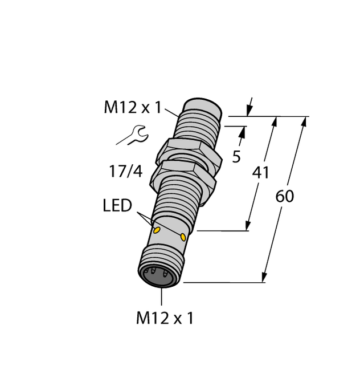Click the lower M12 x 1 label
pyautogui.click(x=165, y=318)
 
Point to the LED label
pyautogui.click(x=117, y=206)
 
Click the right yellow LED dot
pyautogui.click(x=183, y=237)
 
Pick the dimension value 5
pyautogui.click(x=236, y=157)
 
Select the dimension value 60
pyautogui.click(x=284, y=197)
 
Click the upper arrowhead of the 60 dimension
pyautogui.click(x=303, y=122)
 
